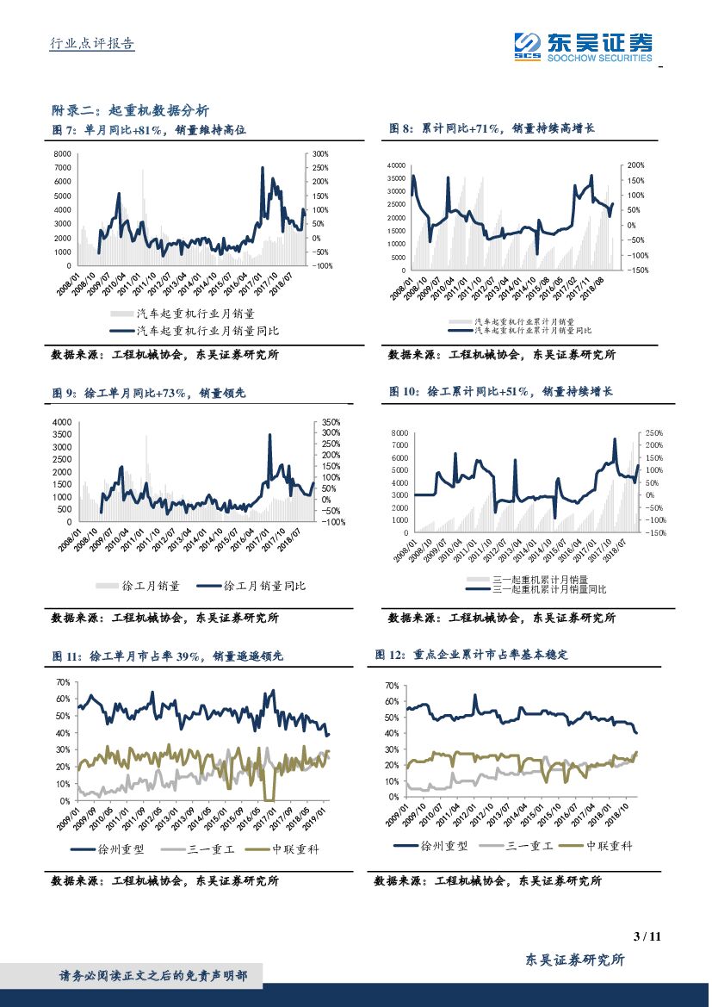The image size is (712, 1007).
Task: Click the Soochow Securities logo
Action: [583, 46]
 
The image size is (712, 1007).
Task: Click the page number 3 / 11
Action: [646, 936]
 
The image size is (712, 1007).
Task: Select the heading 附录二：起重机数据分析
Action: [130, 110]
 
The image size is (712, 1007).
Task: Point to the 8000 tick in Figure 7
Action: [62, 154]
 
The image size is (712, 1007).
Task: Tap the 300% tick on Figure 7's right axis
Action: [320, 154]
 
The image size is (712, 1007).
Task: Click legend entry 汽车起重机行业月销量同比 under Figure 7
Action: [207, 331]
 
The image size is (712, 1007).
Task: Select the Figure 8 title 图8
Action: [492, 128]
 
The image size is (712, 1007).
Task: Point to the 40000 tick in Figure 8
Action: [395, 165]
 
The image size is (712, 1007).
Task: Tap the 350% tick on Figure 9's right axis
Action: [331, 422]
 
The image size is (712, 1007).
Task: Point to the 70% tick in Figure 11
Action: [62, 682]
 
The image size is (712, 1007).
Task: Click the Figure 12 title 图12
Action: [472, 655]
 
